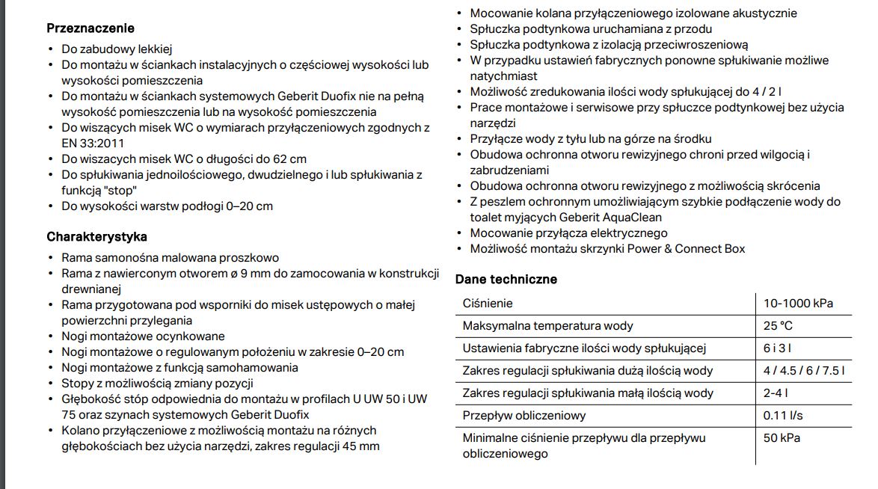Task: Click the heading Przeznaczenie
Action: coord(90,28)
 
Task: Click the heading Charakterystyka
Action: coord(96,237)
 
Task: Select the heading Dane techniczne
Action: coord(506,280)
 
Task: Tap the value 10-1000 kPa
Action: coord(798,304)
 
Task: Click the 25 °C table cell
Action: coord(778,326)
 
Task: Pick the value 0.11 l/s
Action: coord(783,416)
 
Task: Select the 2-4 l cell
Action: coord(776,393)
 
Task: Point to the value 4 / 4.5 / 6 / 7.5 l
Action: coord(804,371)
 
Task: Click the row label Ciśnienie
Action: coord(488,304)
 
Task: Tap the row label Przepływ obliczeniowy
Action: coord(524,416)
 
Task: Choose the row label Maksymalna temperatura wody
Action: coord(548,326)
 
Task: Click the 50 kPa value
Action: coord(782,438)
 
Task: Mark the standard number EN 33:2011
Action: coord(93,144)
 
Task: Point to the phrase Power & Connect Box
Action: coord(686,249)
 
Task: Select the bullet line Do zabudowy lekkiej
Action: coord(117,49)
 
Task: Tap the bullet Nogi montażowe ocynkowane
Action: coord(143,336)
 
